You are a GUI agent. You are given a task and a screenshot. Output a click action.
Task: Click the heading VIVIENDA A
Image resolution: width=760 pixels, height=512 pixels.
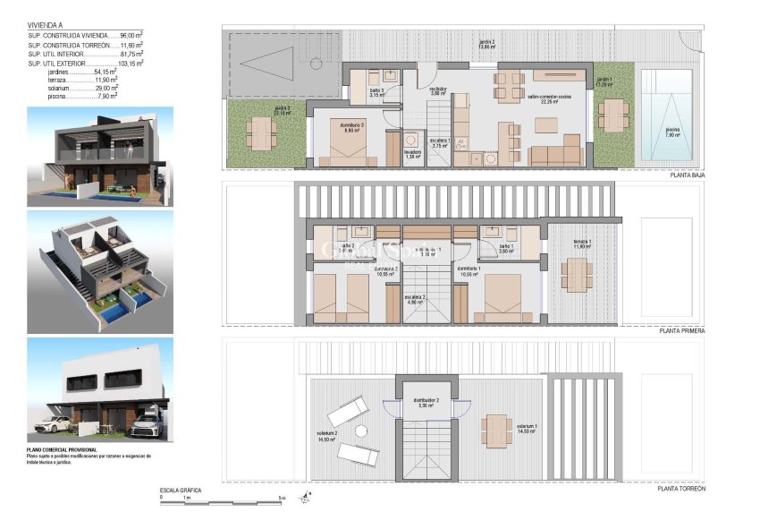(x=46, y=26)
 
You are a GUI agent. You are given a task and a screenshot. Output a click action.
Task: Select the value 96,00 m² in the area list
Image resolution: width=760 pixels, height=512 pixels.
(x=131, y=35)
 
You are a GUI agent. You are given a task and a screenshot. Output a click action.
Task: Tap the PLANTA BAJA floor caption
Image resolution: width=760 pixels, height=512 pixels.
(x=688, y=176)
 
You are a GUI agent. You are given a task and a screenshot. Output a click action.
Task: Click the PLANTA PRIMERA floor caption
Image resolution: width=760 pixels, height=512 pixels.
(x=682, y=331)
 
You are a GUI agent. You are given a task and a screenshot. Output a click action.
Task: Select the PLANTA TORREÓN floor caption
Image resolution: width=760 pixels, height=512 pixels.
(x=681, y=488)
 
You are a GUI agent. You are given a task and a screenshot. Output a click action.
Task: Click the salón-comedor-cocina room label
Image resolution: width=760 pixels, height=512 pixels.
(x=543, y=99)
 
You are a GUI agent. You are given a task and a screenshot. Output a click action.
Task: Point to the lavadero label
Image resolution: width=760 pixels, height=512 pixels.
(x=411, y=153)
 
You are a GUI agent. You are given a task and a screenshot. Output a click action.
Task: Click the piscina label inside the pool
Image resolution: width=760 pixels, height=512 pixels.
(x=671, y=132)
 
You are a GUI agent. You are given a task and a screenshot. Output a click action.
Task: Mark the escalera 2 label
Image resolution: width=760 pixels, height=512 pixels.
(x=414, y=299)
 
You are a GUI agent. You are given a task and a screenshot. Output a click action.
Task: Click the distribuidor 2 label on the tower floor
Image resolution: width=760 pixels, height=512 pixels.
(x=426, y=403)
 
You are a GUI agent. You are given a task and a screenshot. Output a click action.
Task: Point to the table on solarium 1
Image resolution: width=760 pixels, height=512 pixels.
(x=494, y=428)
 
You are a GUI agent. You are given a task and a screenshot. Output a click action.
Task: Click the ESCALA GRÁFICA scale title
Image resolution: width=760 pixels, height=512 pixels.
(x=180, y=491)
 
